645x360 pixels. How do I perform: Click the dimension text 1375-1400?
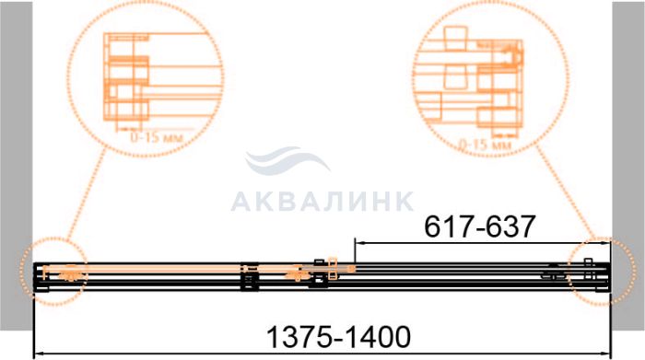tap(338, 337)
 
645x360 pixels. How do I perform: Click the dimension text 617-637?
tap(480, 226)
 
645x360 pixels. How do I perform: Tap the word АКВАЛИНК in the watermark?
tap(322, 202)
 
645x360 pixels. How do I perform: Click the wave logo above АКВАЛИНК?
tap(287, 161)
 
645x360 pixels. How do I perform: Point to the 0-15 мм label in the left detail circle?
tap(157, 137)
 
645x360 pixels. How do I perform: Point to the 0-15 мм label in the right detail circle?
tap(485, 145)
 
